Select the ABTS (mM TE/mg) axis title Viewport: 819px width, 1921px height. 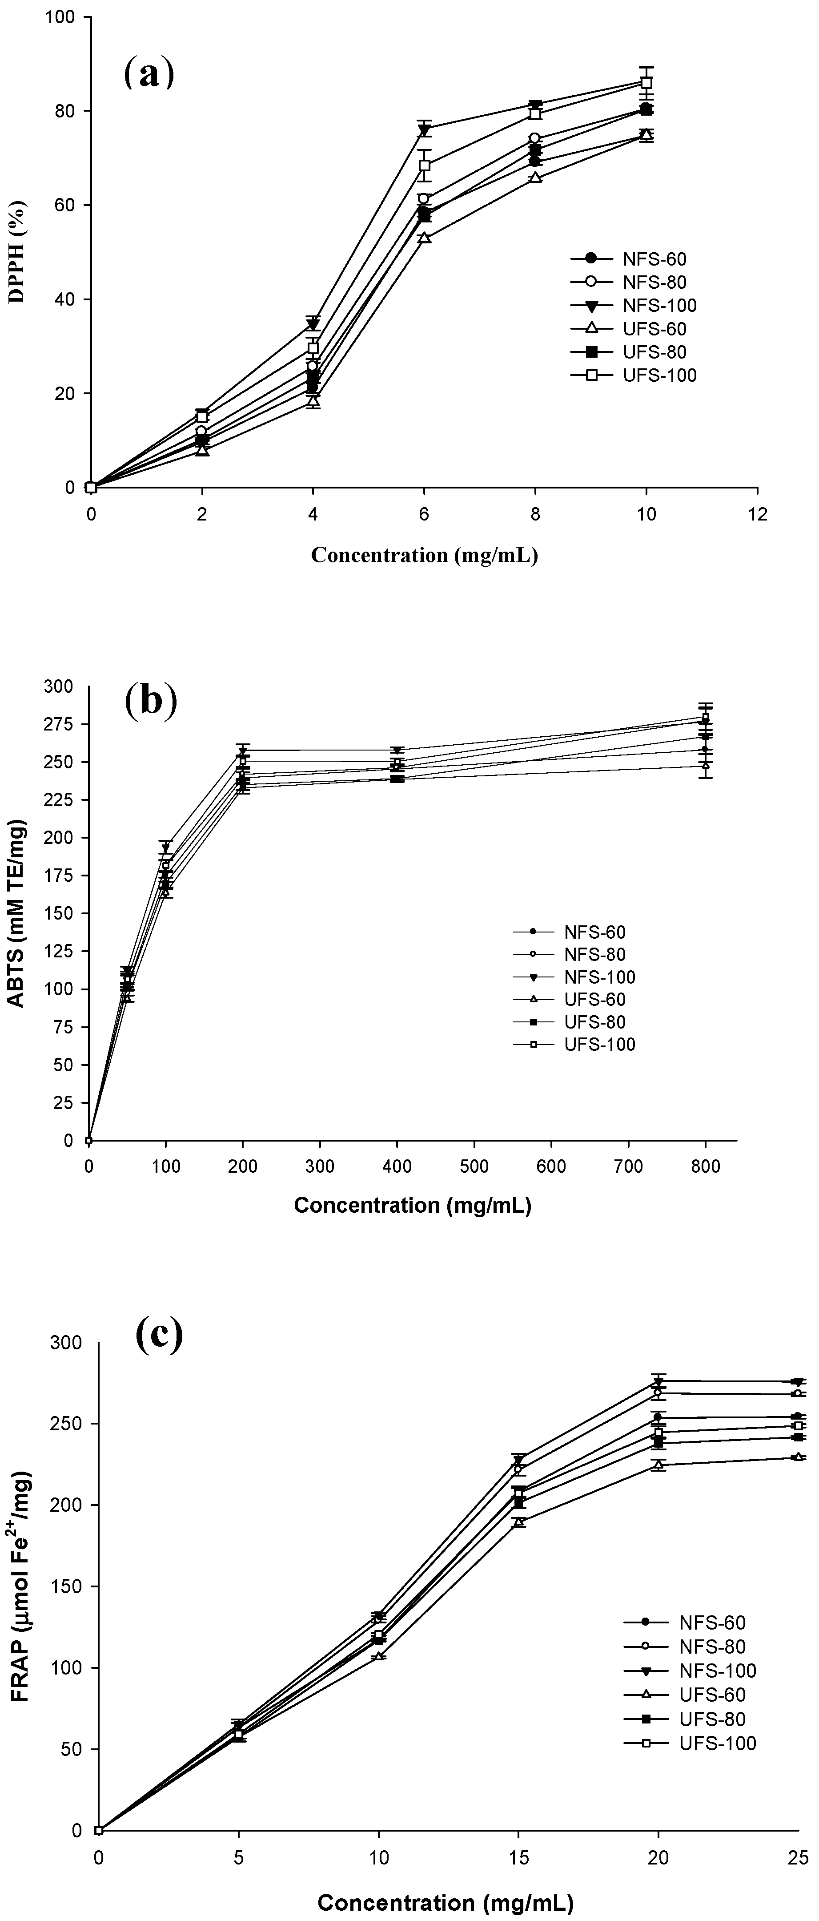click(16, 913)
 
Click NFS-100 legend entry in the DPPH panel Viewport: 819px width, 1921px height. click(659, 306)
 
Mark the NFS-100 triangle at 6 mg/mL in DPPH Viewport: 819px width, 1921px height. click(424, 130)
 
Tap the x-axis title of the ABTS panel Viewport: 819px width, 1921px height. click(412, 1205)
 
